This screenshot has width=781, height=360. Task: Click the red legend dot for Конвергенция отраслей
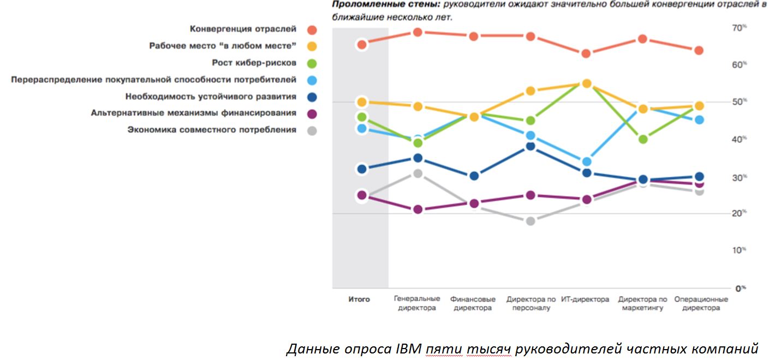point(312,29)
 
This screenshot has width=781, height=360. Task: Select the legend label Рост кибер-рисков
point(254,63)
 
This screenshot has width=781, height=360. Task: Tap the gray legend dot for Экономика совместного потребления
point(312,130)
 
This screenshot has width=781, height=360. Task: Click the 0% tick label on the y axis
point(725,288)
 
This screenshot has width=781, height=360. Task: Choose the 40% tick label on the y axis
point(725,140)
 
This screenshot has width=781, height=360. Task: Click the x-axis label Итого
point(359,299)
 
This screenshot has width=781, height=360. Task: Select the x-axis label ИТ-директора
point(585,299)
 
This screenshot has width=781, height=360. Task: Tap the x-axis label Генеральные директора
point(417,304)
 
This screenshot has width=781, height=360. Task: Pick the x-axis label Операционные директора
point(701,304)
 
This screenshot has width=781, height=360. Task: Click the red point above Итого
point(361,44)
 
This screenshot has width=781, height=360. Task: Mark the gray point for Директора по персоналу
point(530,221)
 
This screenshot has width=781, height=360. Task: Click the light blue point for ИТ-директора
point(586,161)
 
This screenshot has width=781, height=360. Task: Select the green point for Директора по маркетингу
point(643,139)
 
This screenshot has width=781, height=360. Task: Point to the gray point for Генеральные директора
point(418,173)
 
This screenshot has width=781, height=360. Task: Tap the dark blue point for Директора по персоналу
point(530,146)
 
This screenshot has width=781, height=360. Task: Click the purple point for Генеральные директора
point(418,209)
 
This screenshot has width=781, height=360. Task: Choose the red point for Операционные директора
point(699,51)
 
